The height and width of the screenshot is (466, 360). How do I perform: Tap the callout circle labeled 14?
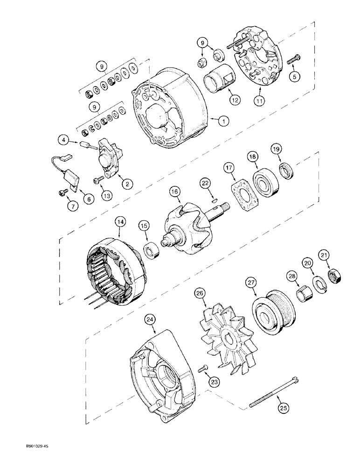120,223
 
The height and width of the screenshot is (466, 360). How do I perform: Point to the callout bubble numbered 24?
150,320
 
